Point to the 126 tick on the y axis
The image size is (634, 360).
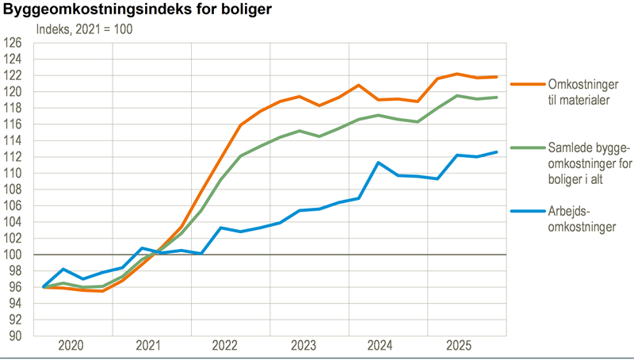pyautogui.click(x=16, y=43)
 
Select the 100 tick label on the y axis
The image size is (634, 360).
pyautogui.click(x=16, y=255)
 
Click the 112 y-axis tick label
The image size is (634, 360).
pyautogui.click(x=16, y=157)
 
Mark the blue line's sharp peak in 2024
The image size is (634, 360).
pyautogui.click(x=379, y=163)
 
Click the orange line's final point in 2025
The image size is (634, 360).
pyautogui.click(x=497, y=77)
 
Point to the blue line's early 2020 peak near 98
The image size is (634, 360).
pyautogui.click(x=63, y=270)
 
